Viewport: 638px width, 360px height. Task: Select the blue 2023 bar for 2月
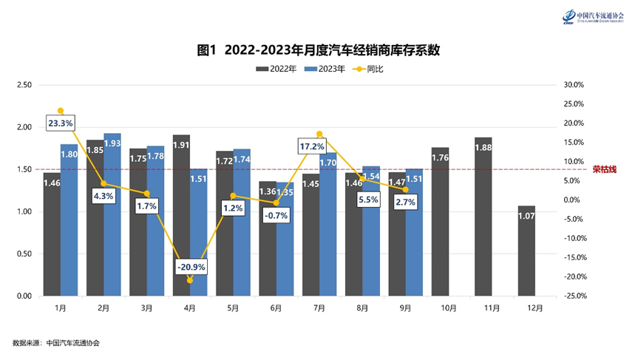click(x=112, y=214)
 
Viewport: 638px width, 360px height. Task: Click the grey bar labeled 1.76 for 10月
click(x=440, y=222)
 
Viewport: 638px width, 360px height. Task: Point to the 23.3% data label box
click(x=60, y=123)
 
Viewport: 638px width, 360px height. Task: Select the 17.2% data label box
click(x=311, y=146)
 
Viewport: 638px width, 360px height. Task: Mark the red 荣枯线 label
click(x=603, y=169)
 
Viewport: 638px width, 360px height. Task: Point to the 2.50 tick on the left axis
click(x=24, y=85)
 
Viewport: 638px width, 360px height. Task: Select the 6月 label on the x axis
click(x=276, y=308)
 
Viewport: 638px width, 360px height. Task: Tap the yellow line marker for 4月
click(x=190, y=280)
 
